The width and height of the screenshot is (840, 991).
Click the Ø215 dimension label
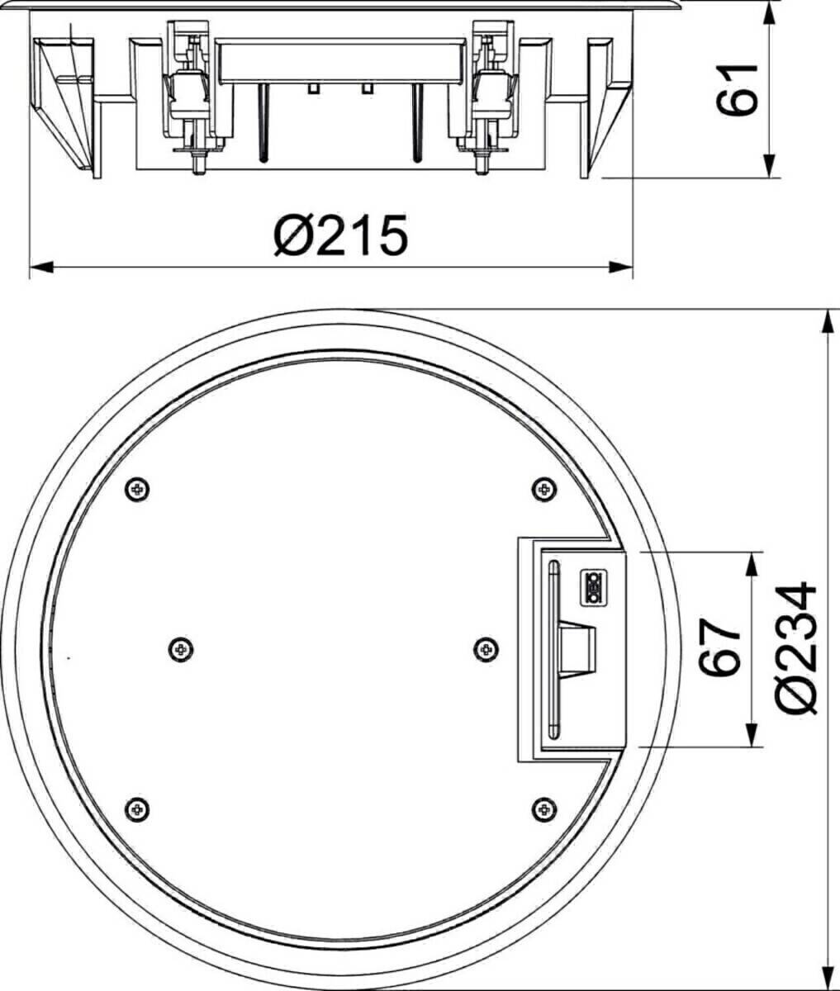[x=341, y=235]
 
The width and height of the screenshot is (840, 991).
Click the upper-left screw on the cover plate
[x=137, y=490]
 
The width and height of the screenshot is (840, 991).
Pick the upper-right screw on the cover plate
[x=544, y=490]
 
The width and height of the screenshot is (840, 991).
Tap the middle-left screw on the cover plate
[x=181, y=650]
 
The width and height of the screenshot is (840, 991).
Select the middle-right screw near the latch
[x=486, y=650]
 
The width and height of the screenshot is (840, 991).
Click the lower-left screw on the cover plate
[x=137, y=810]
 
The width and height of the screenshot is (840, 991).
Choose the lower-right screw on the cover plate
[x=544, y=810]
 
